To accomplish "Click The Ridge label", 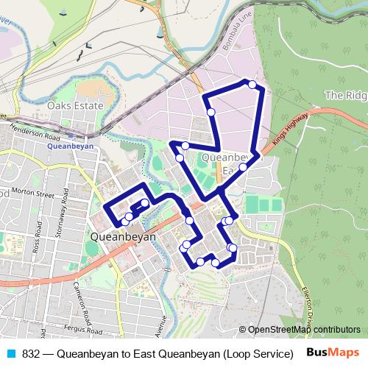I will click(345, 95).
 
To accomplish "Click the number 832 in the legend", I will click(31, 353).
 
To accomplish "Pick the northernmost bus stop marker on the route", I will click(252, 85).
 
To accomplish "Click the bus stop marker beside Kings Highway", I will click(244, 166).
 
